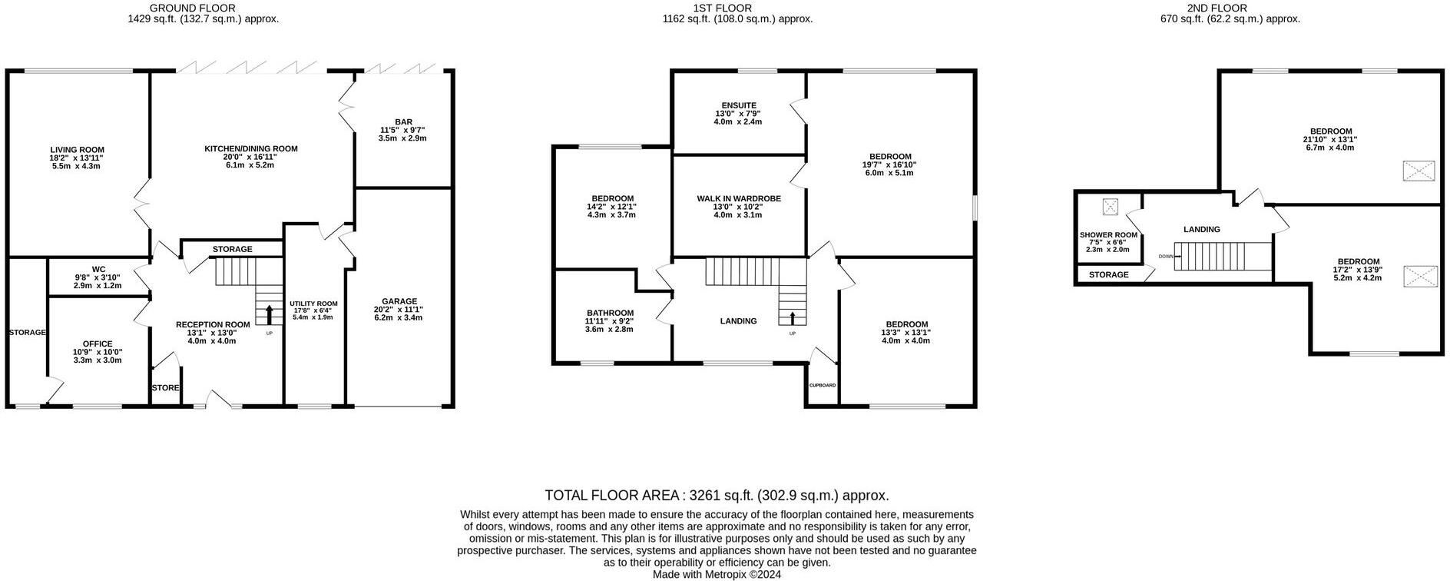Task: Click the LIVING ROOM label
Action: click(77, 150)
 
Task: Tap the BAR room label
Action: click(403, 122)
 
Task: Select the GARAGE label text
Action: click(399, 301)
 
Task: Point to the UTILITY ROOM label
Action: click(313, 304)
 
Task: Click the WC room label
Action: click(98, 269)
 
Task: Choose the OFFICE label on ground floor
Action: click(98, 344)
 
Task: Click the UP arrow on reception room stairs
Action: click(269, 315)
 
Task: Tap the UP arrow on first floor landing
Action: click(793, 317)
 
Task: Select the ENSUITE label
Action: click(739, 105)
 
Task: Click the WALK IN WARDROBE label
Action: click(739, 198)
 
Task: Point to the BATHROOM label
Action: click(611, 313)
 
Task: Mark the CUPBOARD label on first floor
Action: click(822, 385)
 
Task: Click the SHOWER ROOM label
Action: click(1108, 235)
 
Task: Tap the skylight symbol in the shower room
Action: click(1110, 206)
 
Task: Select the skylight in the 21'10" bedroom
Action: click(1419, 171)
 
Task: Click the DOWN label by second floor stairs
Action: click(1166, 256)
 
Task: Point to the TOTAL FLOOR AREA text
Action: click(717, 495)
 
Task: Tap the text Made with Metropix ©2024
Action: click(717, 574)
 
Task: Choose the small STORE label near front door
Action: click(165, 388)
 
